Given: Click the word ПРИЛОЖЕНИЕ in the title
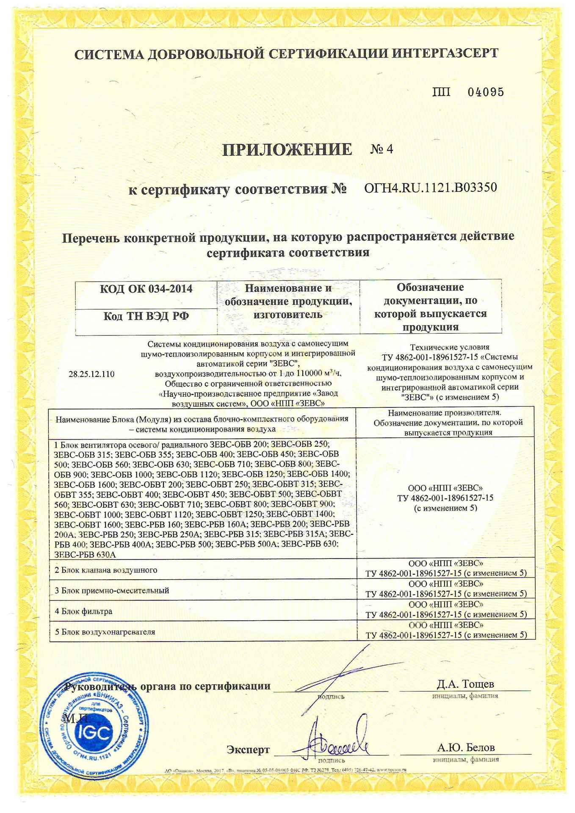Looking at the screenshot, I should (287, 149).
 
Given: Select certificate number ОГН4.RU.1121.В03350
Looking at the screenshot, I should (430, 188).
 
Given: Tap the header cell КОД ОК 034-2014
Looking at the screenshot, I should (146, 289).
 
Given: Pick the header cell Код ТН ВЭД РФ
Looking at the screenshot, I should (146, 316).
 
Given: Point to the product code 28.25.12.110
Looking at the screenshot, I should (91, 374).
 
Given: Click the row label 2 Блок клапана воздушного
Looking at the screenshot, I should (106, 570).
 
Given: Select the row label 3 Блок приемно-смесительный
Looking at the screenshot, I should (112, 590).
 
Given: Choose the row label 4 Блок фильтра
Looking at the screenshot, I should (83, 611).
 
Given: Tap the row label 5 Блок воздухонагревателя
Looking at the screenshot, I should (105, 632).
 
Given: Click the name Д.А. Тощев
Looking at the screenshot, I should (465, 684).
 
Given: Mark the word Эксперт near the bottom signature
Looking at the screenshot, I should (248, 749).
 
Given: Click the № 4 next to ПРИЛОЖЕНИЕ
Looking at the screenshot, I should (381, 149).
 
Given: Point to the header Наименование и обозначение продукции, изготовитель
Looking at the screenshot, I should (288, 301).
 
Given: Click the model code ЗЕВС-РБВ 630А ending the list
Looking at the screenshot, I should (85, 555).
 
